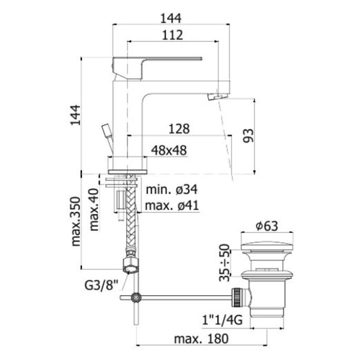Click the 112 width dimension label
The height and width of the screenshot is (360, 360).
coord(172,35)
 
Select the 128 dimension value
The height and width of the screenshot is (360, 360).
coord(179,129)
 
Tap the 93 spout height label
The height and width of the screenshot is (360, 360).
coord(248,136)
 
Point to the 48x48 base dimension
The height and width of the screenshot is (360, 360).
coord(169,150)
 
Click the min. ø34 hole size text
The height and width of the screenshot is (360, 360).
coord(172,190)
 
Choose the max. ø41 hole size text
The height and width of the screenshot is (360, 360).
coord(172,206)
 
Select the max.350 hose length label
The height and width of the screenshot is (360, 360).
coord(76,222)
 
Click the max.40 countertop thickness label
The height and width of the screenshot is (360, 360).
coord(94,210)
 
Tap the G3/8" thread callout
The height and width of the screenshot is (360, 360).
coord(101,285)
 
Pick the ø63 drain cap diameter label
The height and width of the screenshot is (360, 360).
coord(267,226)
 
